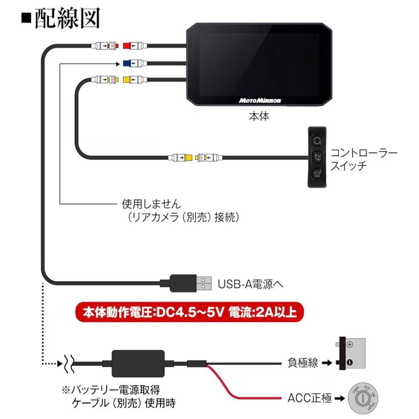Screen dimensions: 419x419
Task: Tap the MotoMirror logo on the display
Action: [x=260, y=100]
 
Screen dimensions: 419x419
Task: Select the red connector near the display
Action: [x=128, y=46]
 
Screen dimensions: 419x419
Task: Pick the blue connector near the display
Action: [x=128, y=62]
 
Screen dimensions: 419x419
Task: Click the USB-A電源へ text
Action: [x=250, y=284]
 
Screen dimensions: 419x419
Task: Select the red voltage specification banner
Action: [x=189, y=313]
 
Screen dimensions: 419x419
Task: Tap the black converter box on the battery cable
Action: [x=138, y=364]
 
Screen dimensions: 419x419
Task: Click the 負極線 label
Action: [x=303, y=364]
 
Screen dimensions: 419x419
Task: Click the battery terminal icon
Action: [x=350, y=353]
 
